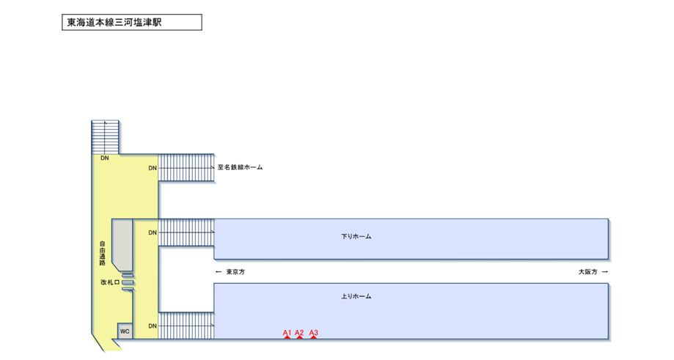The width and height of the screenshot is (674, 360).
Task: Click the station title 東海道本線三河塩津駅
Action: coord(114,23)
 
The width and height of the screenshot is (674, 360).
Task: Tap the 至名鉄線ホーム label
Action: coord(240,168)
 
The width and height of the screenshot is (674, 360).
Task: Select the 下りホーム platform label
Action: coord(356,236)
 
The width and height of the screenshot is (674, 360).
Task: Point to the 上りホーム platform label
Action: coord(356,296)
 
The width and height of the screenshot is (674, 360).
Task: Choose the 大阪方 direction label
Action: coord(587,272)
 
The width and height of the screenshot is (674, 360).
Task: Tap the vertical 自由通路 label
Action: coord(103,252)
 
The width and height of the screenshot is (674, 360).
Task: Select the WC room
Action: coord(125,331)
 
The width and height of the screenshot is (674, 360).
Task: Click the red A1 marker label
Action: coord(287,333)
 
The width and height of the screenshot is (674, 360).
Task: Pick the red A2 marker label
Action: coord(299,333)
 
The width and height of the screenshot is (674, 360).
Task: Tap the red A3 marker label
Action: coord(313,333)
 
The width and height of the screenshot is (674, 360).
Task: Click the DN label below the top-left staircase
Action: coord(105,158)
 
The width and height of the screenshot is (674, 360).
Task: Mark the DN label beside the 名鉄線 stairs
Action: coord(153,168)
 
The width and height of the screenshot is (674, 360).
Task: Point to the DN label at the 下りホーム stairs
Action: coord(153,232)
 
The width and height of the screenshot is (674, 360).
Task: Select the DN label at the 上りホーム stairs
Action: coord(153,326)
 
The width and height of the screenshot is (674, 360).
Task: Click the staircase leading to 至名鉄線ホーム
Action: coord(186,168)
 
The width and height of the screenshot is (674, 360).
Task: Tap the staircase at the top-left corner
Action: coord(105,136)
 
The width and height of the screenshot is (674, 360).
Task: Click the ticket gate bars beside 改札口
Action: coord(127,282)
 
